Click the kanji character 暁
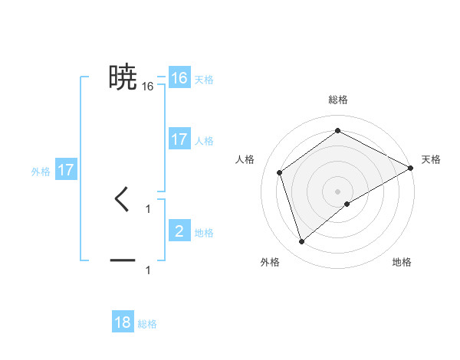123,77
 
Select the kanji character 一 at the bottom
123,260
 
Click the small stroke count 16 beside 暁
147,87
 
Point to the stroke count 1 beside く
148,208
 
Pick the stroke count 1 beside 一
148,270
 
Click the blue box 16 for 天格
179,78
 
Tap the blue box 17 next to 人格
179,139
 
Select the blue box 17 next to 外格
66,170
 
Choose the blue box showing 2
179,231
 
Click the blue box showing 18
123,322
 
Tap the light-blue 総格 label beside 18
148,325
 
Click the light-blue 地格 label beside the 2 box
204,233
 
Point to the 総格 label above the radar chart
338,100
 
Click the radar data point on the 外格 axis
301,242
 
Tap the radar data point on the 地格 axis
347,204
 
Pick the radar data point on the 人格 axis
280,172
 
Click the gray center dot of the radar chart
338,191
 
